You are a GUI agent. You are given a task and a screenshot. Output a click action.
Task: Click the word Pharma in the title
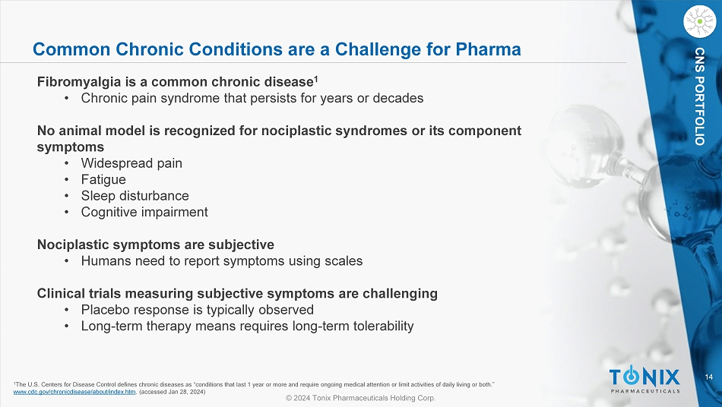click(x=488, y=49)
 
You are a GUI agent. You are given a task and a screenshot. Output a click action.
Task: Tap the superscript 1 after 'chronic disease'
click(x=316, y=79)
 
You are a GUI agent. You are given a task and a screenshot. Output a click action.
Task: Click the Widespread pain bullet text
click(x=131, y=163)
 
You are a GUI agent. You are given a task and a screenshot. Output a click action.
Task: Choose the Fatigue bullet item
click(x=103, y=179)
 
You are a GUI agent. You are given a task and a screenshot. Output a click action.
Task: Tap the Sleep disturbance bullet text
click(x=135, y=196)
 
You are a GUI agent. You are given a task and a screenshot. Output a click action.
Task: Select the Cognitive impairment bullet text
click(x=144, y=212)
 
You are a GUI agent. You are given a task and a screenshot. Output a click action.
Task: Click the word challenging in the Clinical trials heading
click(x=400, y=293)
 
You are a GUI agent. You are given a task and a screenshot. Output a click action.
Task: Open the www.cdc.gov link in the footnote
click(x=74, y=392)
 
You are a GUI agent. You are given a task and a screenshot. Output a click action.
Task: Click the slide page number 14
click(x=708, y=377)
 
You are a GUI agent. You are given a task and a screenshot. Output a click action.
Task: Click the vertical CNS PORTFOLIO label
click(x=700, y=96)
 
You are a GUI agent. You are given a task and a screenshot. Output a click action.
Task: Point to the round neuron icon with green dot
click(x=700, y=21)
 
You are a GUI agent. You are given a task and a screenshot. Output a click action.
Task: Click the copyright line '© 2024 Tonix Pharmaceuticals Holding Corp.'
click(x=360, y=398)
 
